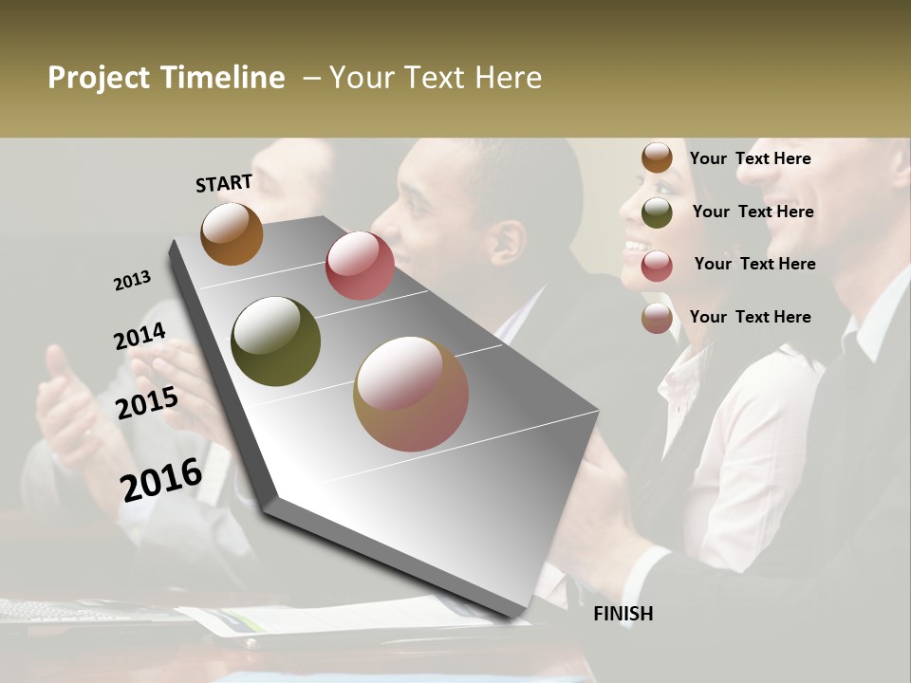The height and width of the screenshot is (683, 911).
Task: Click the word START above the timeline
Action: click(x=224, y=183)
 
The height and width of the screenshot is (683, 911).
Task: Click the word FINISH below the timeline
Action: click(x=623, y=614)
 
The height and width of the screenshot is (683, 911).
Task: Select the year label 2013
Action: click(x=133, y=281)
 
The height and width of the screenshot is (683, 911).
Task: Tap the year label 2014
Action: click(x=139, y=337)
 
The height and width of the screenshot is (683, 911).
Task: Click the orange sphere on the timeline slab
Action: click(x=232, y=233)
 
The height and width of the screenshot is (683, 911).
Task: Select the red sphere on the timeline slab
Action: click(x=360, y=266)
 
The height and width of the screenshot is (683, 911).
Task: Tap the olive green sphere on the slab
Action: click(x=275, y=341)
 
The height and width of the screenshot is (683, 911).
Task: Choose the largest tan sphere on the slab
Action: click(x=411, y=394)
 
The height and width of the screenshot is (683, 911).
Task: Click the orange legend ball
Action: click(x=657, y=157)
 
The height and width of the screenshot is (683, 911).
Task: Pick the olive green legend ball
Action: click(x=657, y=212)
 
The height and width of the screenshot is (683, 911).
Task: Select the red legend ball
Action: click(x=657, y=266)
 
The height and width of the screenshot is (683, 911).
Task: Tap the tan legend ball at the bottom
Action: click(x=657, y=319)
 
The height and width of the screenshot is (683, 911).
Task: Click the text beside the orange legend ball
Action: click(x=750, y=158)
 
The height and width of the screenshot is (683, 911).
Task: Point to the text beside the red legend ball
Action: click(x=754, y=264)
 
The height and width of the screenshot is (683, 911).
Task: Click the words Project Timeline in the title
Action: click(x=166, y=78)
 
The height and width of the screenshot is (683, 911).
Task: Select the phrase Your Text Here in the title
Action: click(x=436, y=78)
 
